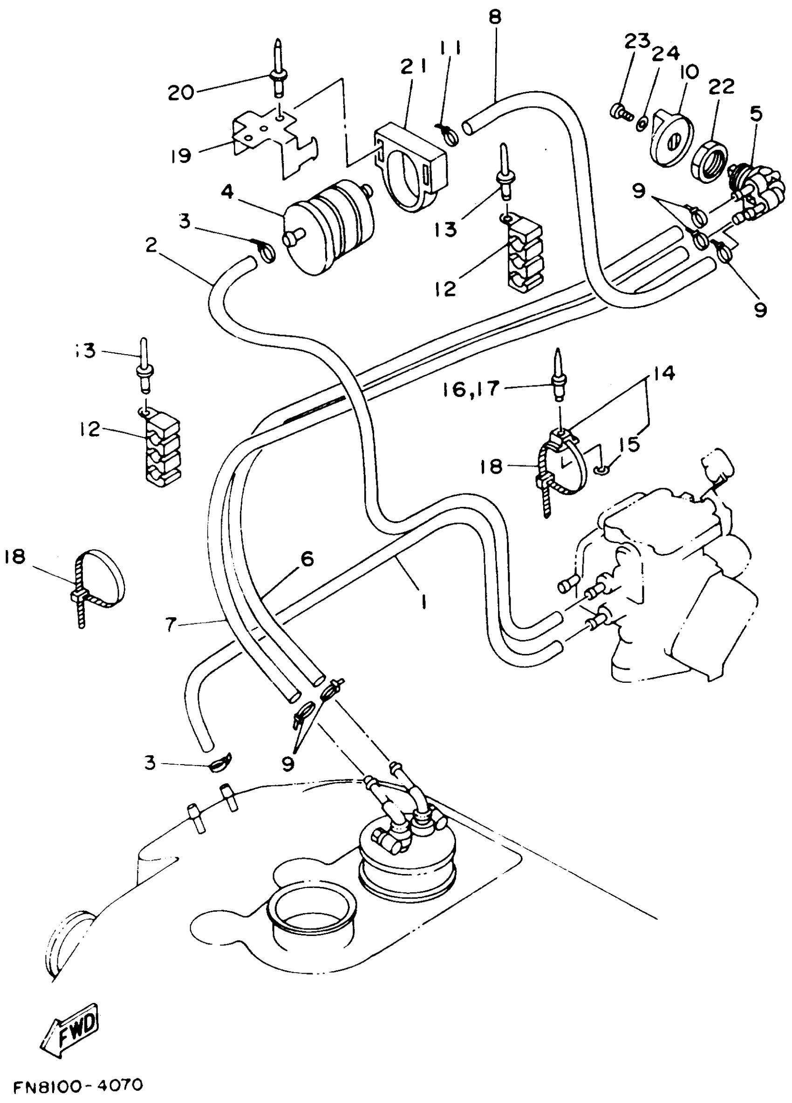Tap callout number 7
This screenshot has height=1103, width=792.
coord(170,625)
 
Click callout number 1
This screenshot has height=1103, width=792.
coord(423,603)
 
